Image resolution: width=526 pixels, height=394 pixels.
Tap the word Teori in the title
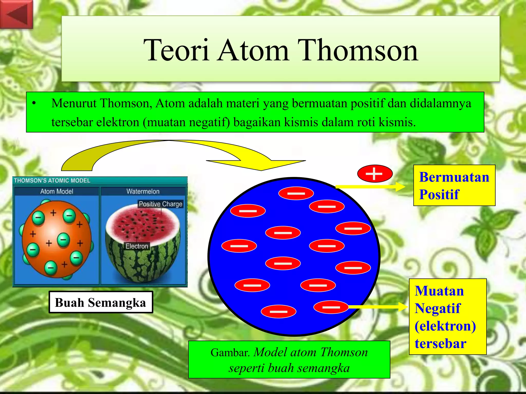click(176, 50)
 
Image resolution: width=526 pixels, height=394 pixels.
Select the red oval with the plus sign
click(375, 174)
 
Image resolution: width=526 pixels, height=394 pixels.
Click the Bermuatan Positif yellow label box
click(454, 185)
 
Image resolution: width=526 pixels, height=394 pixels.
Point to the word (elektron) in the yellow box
click(445, 326)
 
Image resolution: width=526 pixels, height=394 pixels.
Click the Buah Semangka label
click(101, 302)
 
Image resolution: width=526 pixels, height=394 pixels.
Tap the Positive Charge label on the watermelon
click(161, 204)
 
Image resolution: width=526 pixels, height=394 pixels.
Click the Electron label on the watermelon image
click(137, 246)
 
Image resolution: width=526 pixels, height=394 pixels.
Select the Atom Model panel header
click(57, 191)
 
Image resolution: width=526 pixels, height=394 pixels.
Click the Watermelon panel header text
click(143, 191)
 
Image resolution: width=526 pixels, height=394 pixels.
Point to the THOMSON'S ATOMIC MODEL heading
click(52, 180)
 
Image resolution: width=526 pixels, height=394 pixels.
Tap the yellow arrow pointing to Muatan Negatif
click(378, 307)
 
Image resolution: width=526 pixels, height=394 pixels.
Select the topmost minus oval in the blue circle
click(296, 193)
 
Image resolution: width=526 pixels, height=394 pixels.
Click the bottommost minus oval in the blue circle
click(278, 311)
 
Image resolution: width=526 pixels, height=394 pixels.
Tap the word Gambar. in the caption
click(230, 353)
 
